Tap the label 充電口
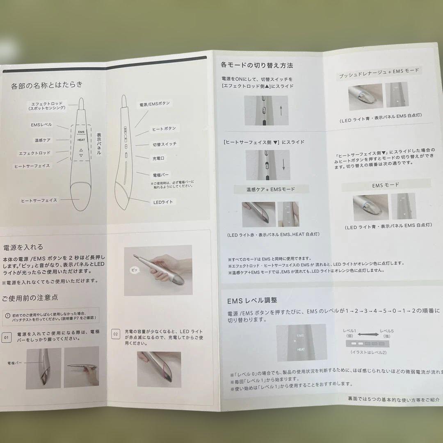coord(158,158)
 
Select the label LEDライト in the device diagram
coord(162,202)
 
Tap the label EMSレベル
coord(41,124)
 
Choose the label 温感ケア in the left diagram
coord(43,140)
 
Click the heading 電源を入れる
coord(23,247)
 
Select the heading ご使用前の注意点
coord(30,297)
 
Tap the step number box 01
coord(7,338)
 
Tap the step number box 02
coord(116,334)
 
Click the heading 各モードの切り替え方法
coord(257,65)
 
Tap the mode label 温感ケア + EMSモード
coord(270,190)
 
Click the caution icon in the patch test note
coord(8,315)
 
